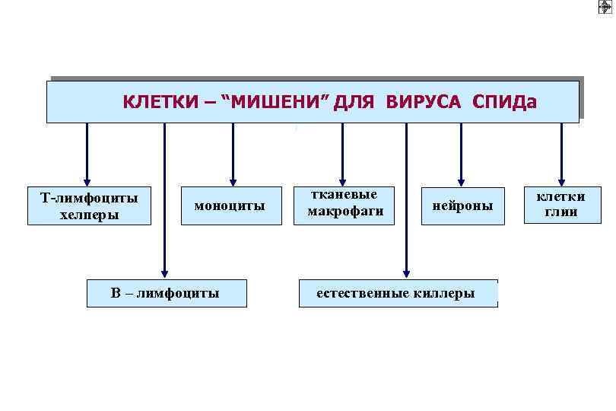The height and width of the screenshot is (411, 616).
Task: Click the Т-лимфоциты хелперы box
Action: [90, 206]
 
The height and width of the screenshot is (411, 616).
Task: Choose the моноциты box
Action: [230, 205]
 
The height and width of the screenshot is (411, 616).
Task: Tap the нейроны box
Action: [462, 205]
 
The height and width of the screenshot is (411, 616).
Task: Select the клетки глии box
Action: [561, 205]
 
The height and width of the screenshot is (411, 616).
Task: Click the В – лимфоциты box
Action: [167, 293]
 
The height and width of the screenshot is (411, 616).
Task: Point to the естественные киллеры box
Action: [396, 293]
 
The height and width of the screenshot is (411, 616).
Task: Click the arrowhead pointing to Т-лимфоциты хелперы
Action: [87, 179]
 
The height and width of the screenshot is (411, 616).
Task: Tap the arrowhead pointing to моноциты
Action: [233, 179]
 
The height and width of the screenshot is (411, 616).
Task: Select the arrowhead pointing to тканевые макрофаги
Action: [342, 179]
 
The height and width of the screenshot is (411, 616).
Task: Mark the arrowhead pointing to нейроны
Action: [461, 179]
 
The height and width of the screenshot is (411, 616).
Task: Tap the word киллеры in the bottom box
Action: [446, 293]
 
